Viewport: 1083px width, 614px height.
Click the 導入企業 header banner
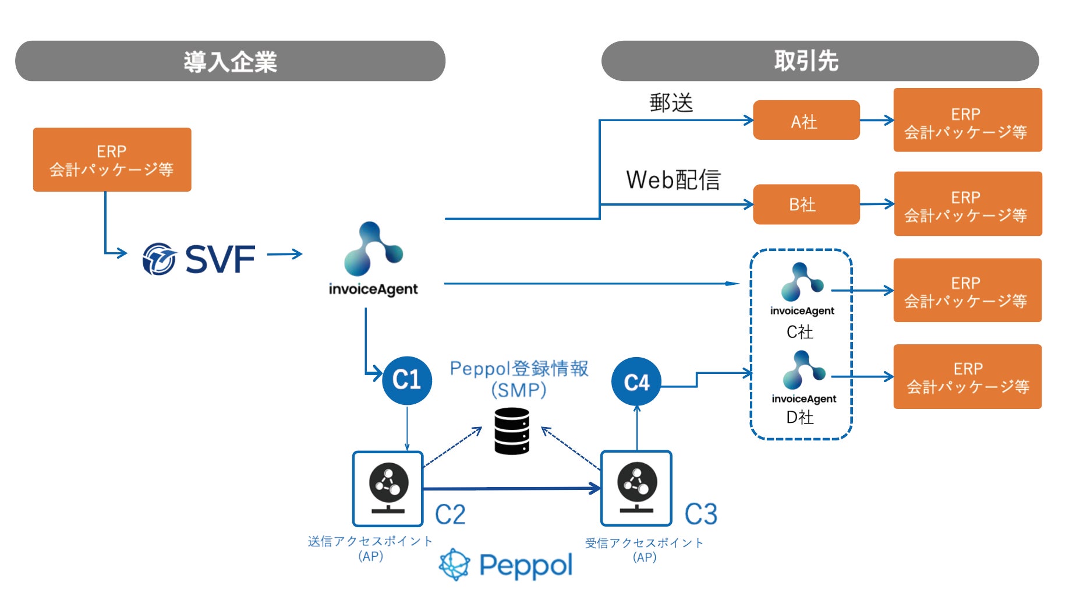230,61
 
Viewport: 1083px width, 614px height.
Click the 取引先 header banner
820,61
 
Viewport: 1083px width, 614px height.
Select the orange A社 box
806,121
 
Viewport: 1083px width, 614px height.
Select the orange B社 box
806,204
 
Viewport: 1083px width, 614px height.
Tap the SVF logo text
220,259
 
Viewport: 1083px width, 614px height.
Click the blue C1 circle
407,380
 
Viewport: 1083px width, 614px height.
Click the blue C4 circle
636,382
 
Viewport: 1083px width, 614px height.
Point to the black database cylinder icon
512,431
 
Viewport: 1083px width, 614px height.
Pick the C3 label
701,514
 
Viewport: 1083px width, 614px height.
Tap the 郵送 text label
671,103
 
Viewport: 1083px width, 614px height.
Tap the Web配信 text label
673,180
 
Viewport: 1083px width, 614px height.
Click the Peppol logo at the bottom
505,565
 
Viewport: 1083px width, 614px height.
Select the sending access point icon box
388,489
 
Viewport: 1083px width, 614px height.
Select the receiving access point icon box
636,489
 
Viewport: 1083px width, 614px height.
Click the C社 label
800,332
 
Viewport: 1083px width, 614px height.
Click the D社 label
800,417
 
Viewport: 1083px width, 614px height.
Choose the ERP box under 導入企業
112,160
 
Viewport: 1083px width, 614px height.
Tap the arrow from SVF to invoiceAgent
285,254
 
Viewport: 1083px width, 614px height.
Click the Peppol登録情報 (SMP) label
519,379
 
